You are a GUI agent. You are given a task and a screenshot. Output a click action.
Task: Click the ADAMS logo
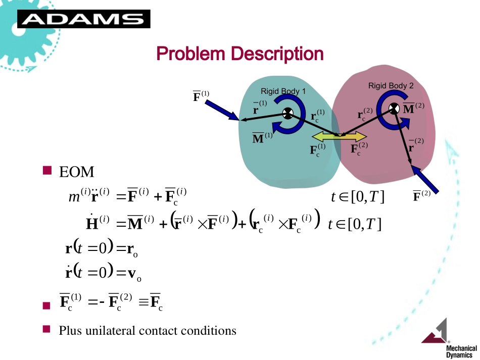pos(83,19)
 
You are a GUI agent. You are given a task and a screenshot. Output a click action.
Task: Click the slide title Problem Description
pos(240,54)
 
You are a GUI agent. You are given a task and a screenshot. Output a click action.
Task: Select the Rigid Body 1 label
pos(283,91)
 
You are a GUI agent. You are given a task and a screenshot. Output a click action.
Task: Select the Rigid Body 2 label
pos(391,86)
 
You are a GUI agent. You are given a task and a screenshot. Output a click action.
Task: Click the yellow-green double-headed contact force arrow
pos(340,136)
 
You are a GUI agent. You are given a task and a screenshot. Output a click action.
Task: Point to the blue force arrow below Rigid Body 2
pos(425,180)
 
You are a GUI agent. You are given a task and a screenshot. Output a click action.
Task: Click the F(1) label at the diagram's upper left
pos(201,96)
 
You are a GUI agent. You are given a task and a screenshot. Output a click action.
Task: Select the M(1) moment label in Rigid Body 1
pos(262,138)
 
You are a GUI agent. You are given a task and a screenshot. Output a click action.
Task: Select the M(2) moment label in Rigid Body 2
pos(413,108)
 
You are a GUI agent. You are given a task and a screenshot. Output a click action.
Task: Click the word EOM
pos(77,172)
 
